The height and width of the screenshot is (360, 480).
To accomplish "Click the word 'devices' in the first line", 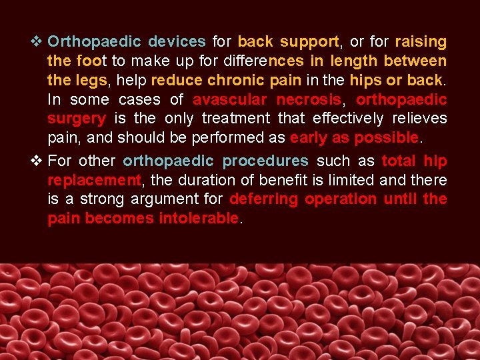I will coord(177,41).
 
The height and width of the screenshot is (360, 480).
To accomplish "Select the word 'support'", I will coord(310,41).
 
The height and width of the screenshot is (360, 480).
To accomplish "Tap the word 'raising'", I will coord(421,41).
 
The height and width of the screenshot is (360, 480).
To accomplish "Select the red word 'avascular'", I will coord(231,100).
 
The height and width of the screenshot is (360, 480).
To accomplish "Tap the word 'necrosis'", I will coord(309,100).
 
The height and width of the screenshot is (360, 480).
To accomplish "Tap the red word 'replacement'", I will coord(94,180).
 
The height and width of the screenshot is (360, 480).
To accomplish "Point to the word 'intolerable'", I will coord(199,219).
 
